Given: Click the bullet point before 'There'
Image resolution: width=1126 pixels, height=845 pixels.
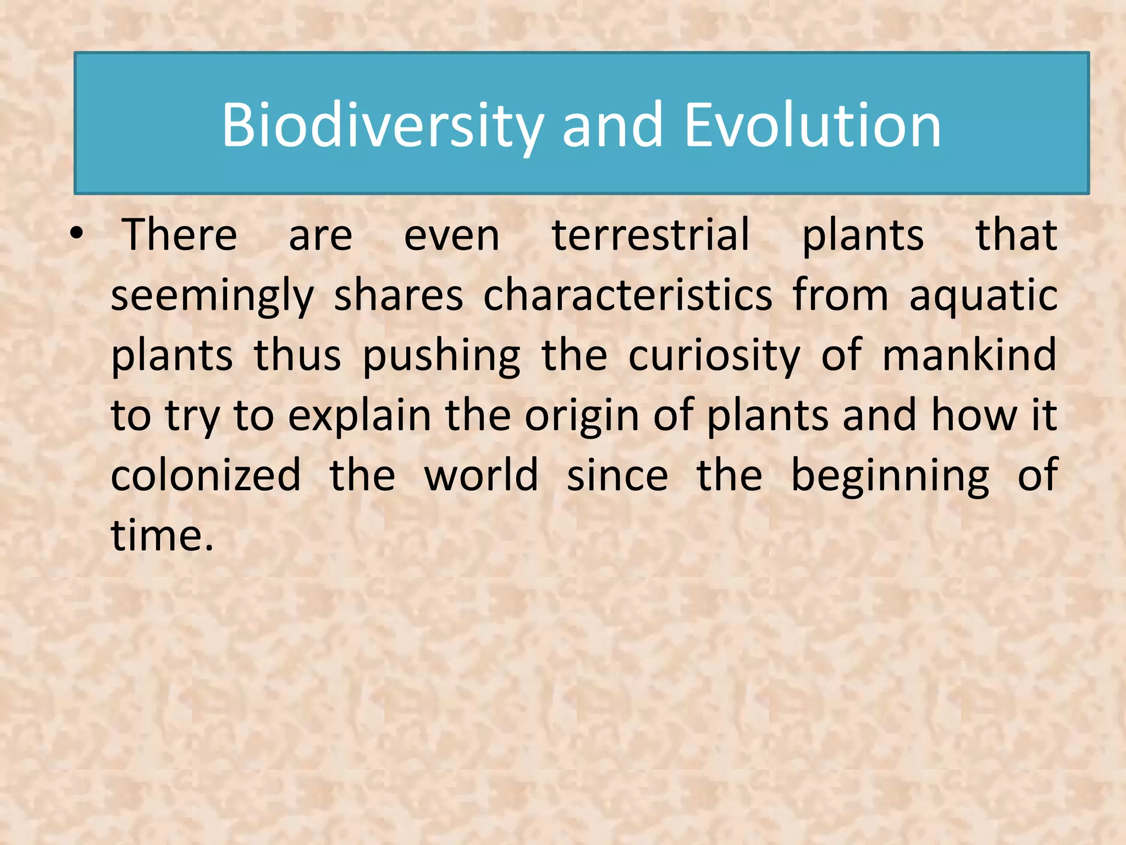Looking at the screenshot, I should click(x=77, y=235).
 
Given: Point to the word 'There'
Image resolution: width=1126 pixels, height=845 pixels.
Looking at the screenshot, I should click(x=180, y=235).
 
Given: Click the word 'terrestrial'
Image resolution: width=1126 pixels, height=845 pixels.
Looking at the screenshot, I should click(x=651, y=235).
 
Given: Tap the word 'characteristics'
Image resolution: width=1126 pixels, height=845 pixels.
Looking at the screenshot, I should click(x=628, y=296).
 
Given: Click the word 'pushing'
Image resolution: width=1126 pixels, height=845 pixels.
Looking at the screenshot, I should click(x=441, y=356).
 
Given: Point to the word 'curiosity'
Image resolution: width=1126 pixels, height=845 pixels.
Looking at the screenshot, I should click(x=714, y=356).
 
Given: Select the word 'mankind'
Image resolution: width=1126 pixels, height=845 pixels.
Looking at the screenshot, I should click(x=969, y=355).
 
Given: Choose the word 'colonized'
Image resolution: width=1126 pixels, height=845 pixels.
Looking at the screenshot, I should click(x=206, y=475).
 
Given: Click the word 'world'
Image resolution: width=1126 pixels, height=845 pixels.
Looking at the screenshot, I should click(x=481, y=475).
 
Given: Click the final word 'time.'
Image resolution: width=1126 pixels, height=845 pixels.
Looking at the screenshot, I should click(x=162, y=535).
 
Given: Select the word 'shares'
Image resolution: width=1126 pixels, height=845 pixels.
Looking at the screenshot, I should click(x=399, y=296).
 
